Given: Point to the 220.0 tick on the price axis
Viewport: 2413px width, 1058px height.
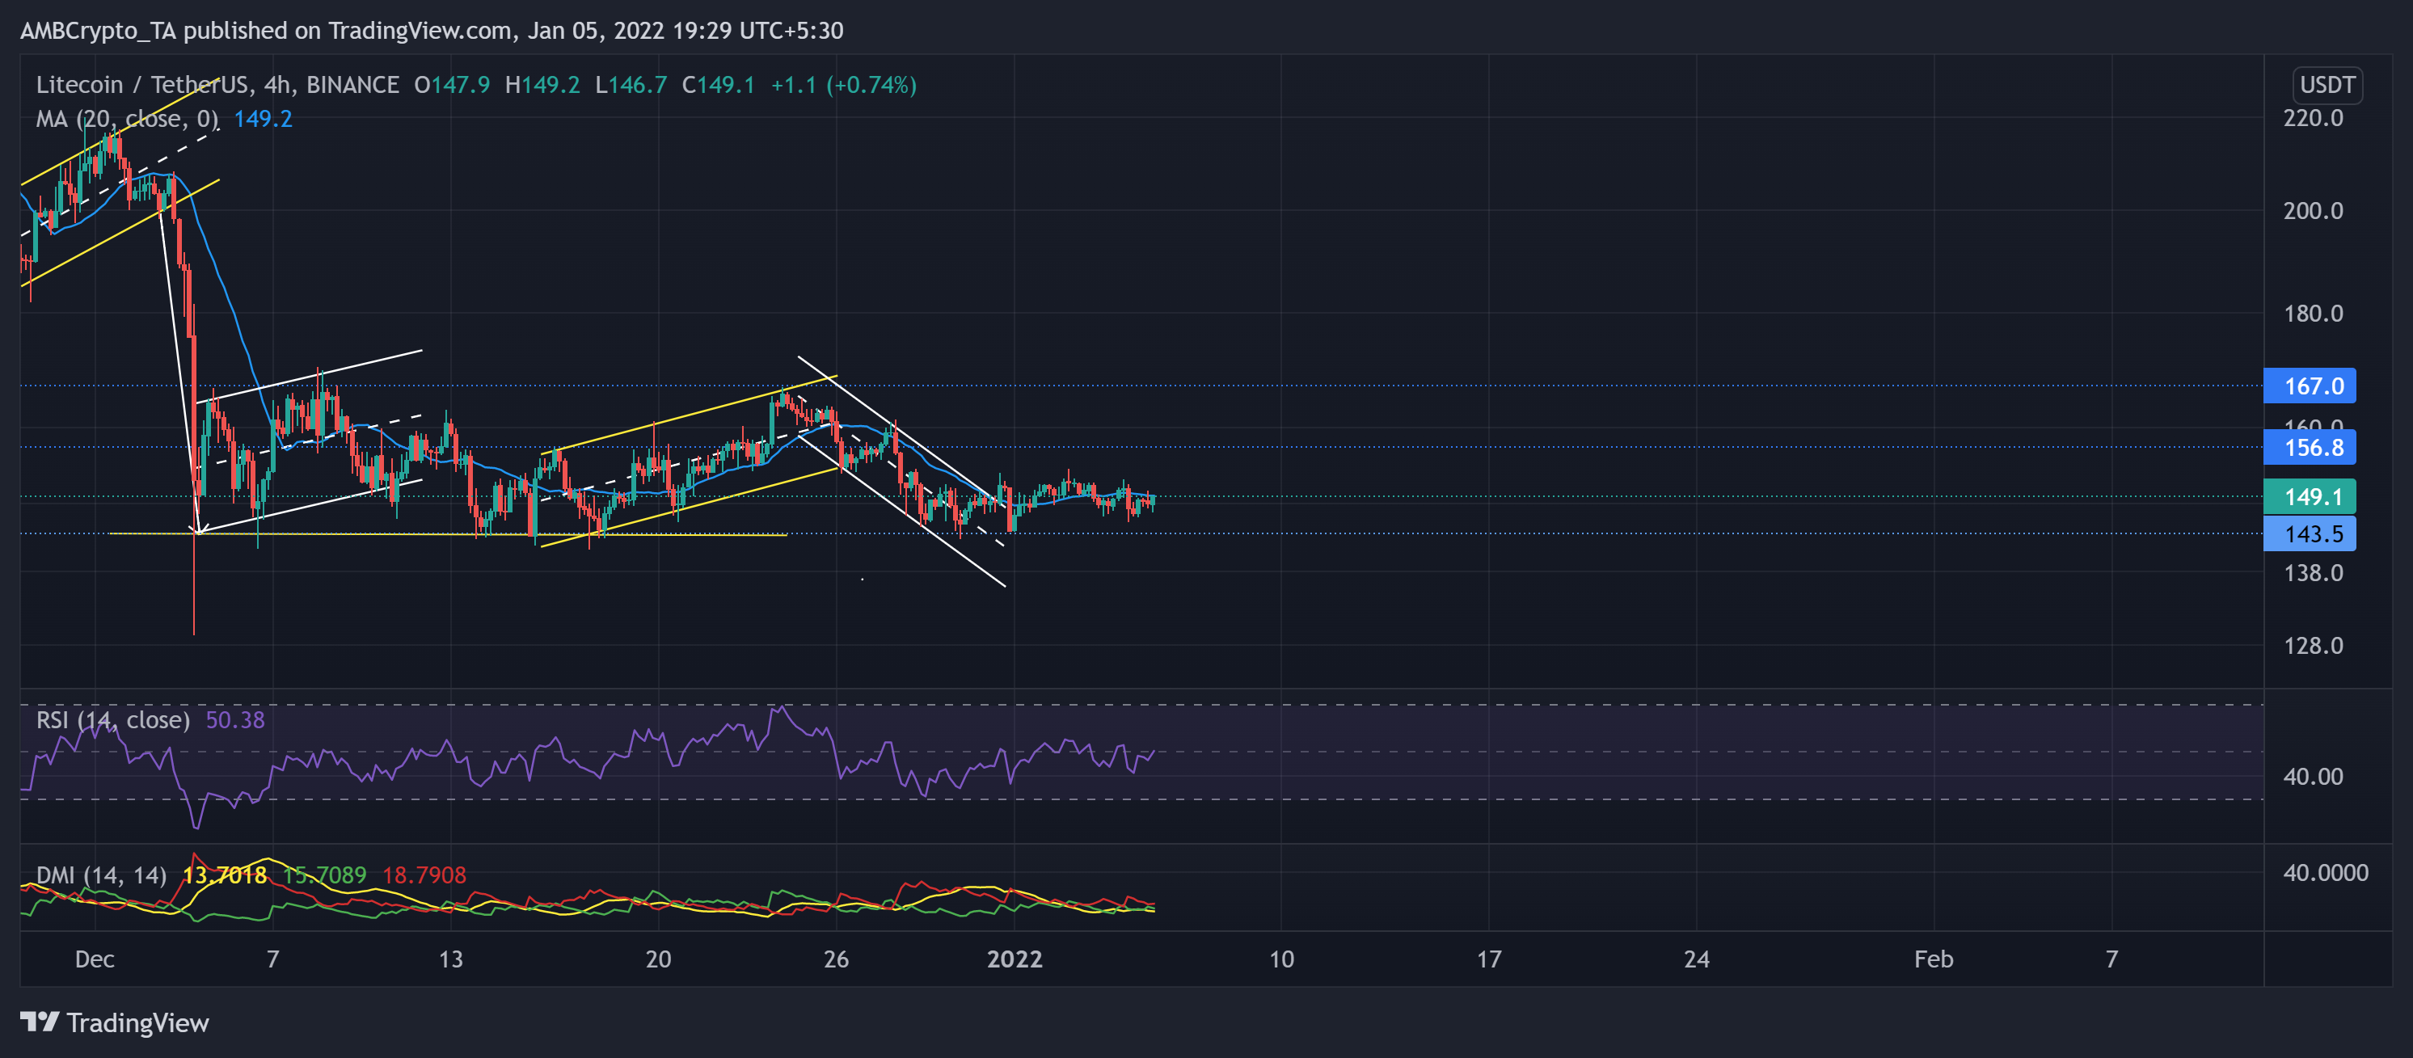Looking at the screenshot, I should (x=2313, y=118).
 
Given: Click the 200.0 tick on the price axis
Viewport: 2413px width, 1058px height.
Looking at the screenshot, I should (x=2313, y=211).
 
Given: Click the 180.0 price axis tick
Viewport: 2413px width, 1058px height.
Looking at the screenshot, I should (x=2313, y=314).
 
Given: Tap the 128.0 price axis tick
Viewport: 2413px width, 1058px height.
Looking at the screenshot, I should (x=2313, y=646).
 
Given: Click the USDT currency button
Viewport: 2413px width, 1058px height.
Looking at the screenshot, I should (x=2327, y=85).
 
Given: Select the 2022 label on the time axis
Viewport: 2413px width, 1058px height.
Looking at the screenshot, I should (x=1015, y=959).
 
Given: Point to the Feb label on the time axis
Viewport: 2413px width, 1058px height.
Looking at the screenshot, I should (x=1934, y=959).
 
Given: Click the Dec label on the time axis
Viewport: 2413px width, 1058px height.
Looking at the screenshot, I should (x=95, y=959).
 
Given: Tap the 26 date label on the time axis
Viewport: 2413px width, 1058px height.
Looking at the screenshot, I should (x=836, y=959).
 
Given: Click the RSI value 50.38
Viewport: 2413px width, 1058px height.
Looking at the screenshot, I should (x=235, y=720).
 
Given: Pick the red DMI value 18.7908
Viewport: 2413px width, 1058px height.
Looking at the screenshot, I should (x=424, y=875).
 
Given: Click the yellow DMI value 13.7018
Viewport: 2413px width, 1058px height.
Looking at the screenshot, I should (x=224, y=875).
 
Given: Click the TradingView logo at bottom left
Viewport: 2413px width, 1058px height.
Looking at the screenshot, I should (x=114, y=1022).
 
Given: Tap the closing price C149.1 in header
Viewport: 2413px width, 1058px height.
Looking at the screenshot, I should (x=719, y=85).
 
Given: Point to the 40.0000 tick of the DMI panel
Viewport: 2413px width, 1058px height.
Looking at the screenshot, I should (x=2325, y=873).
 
